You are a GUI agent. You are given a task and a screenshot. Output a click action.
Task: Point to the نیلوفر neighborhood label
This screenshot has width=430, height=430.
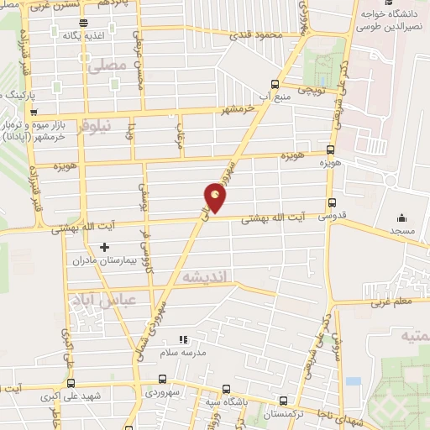coord(93,128)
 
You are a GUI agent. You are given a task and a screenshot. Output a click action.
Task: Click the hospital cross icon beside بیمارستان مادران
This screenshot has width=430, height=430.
coord(104,247)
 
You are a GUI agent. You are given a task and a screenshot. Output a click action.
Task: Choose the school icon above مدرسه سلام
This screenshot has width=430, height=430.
coord(183,340)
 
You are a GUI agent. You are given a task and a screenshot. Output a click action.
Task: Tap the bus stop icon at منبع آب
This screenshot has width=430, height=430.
coord(275,83)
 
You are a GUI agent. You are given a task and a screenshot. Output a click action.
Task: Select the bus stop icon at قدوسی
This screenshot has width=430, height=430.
coord(333,202)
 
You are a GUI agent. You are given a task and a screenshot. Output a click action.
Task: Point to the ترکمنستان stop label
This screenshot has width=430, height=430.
coord(280,415)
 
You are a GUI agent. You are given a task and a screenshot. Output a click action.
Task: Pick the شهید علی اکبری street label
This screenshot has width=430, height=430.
coord(97,396)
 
